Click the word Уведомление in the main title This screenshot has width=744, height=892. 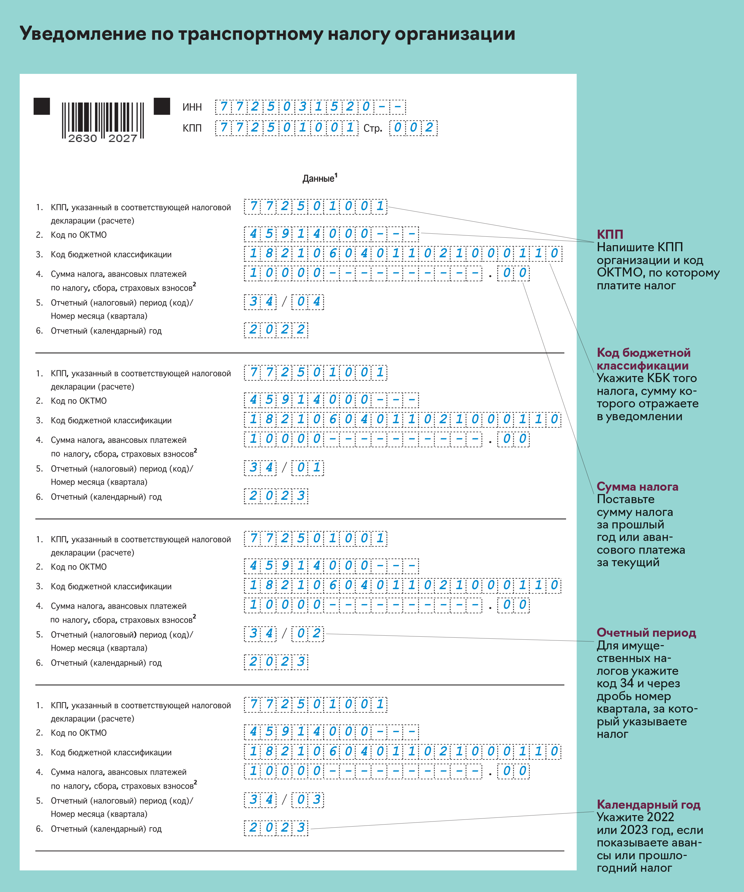83,34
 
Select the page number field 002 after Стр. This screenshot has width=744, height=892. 413,127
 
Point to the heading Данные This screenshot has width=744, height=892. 319,178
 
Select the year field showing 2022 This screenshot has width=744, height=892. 276,329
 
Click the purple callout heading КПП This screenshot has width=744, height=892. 610,234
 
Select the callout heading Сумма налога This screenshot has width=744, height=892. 637,486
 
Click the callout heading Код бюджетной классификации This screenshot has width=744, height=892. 643,359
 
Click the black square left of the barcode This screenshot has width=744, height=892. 41,106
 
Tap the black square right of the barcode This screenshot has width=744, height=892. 162,106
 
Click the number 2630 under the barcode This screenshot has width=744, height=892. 83,139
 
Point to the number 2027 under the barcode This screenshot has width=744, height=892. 123,139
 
